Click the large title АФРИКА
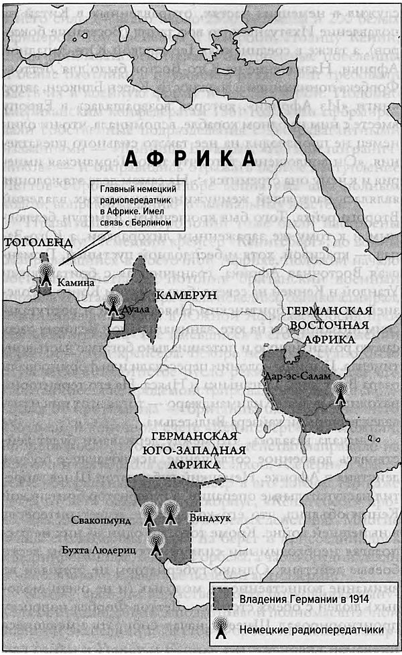point(191,159)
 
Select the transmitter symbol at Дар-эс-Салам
point(340,391)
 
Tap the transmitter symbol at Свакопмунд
point(149,514)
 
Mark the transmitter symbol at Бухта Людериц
point(156,542)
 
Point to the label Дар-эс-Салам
point(298,376)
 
